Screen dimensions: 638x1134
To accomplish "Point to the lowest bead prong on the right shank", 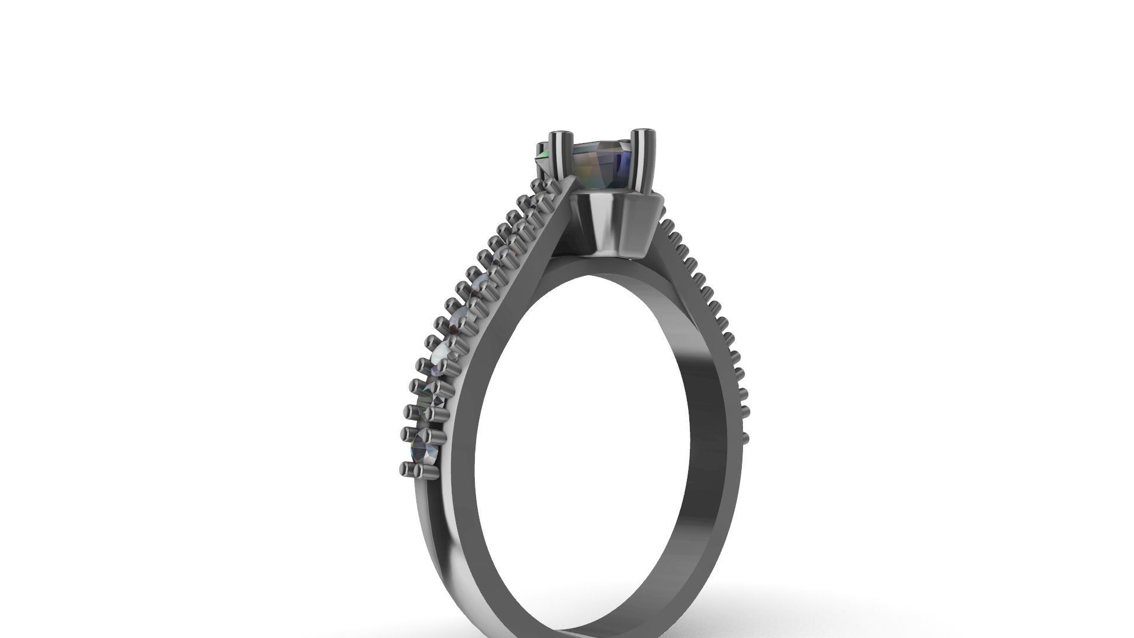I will [x=745, y=438].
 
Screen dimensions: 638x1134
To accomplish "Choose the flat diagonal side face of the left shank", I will [x=502, y=307].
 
